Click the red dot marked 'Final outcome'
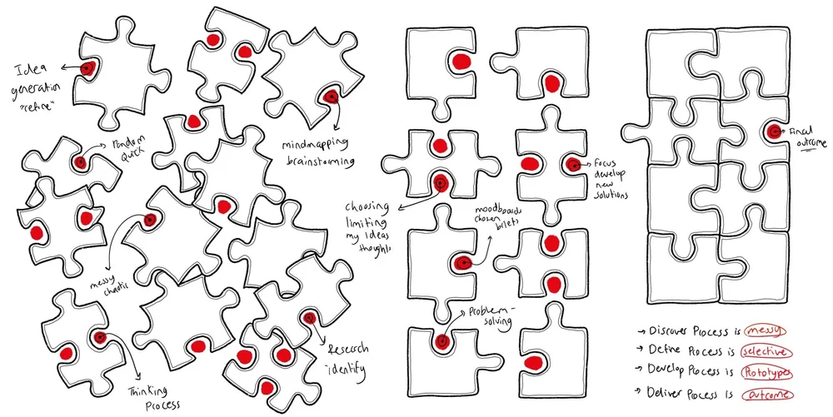(x=774, y=131)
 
